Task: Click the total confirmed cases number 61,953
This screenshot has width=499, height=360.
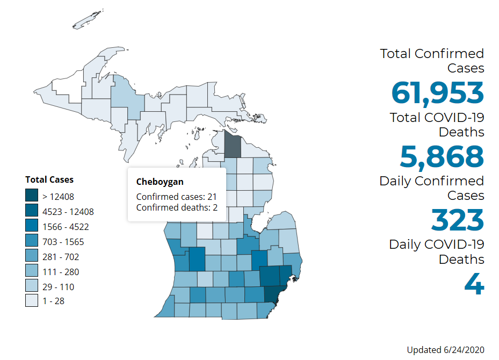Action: tap(437, 92)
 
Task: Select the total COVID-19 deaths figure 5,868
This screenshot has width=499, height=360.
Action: tap(442, 156)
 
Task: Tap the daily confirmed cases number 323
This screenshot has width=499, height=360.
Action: tap(458, 220)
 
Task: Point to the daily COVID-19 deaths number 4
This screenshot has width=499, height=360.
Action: tap(474, 284)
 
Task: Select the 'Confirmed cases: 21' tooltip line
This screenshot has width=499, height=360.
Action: tap(176, 197)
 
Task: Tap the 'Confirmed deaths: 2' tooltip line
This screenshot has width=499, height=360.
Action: tap(176, 207)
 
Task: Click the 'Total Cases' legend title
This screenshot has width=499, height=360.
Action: tap(49, 179)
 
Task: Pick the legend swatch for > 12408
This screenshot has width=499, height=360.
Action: tap(32, 197)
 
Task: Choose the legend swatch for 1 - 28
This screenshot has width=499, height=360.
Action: tap(32, 301)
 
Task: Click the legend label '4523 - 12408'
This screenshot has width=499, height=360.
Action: tap(68, 212)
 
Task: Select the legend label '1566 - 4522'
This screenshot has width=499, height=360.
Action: tap(66, 227)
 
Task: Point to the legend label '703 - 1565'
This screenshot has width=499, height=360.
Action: tap(63, 242)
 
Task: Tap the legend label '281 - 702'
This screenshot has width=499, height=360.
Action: tap(61, 257)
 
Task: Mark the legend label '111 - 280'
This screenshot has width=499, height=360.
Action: tap(61, 272)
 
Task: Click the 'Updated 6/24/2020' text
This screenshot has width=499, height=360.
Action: tap(445, 350)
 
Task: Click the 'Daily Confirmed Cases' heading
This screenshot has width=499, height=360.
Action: tap(431, 188)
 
